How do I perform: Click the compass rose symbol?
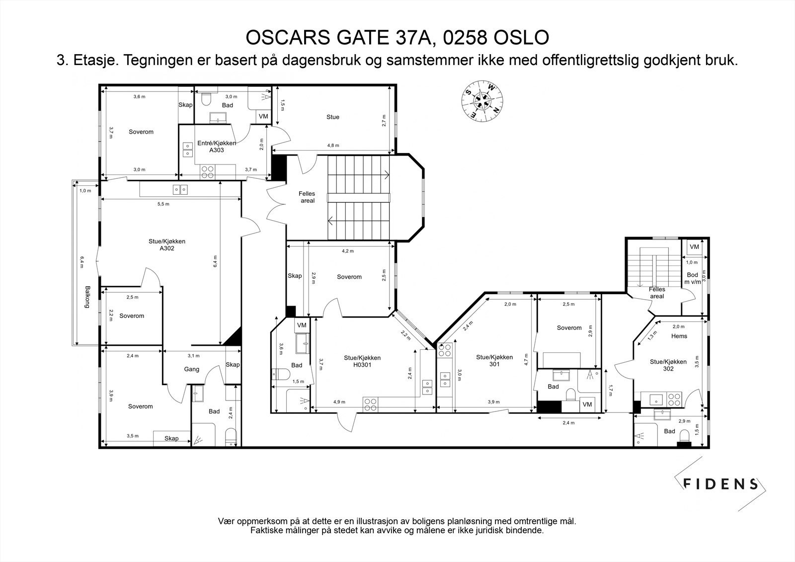click(x=482, y=101)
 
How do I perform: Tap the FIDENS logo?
click(x=720, y=484)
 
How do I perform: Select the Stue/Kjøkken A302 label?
click(x=167, y=244)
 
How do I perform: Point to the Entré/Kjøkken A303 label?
click(x=217, y=146)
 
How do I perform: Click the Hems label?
click(x=679, y=336)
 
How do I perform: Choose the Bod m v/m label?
click(x=693, y=278)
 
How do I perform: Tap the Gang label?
click(x=192, y=369)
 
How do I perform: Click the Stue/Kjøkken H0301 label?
click(x=362, y=361)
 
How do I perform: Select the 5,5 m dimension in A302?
click(x=163, y=204)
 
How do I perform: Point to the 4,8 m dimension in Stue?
click(x=333, y=145)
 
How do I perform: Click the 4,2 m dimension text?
click(x=348, y=251)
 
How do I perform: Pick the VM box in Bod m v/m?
click(x=694, y=247)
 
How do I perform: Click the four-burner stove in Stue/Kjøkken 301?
click(x=444, y=350)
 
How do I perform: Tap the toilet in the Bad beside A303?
click(x=206, y=99)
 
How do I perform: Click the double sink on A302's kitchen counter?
click(x=180, y=190)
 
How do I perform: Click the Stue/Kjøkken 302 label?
click(x=668, y=365)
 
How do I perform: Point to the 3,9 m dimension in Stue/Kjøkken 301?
click(x=494, y=402)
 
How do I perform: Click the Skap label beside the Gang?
click(x=233, y=365)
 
